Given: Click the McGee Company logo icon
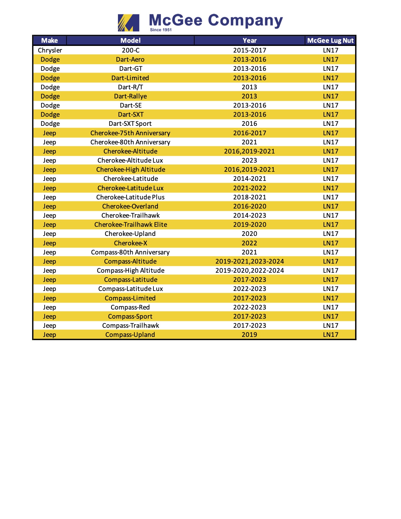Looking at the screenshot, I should click(128, 23).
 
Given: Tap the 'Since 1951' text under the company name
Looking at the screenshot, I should click(161, 30).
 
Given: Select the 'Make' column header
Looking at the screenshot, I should click(50, 41).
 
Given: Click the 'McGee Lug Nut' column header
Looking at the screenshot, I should click(330, 41).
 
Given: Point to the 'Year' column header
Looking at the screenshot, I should click(249, 41).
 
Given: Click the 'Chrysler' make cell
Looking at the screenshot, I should click(50, 50).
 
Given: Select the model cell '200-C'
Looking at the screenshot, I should click(131, 50).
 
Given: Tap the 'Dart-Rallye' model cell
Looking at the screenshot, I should click(131, 96).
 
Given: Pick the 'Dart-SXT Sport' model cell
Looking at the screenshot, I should click(130, 124).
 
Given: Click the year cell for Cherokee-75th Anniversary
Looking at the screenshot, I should click(249, 133).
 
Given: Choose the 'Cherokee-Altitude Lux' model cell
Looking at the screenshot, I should click(130, 160).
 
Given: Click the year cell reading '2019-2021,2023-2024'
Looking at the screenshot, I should click(249, 261).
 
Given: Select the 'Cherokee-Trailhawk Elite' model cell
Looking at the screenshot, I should click(131, 225).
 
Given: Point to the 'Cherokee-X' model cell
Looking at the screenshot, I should click(131, 243).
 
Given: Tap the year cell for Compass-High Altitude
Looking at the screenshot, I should click(249, 271).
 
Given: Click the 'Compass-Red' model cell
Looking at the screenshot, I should click(130, 307).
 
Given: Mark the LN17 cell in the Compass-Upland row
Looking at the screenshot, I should click(331, 335).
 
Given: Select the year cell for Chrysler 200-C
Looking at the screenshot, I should click(249, 50).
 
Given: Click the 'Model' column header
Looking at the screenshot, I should click(131, 41).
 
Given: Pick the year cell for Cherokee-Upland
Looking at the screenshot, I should click(249, 234).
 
